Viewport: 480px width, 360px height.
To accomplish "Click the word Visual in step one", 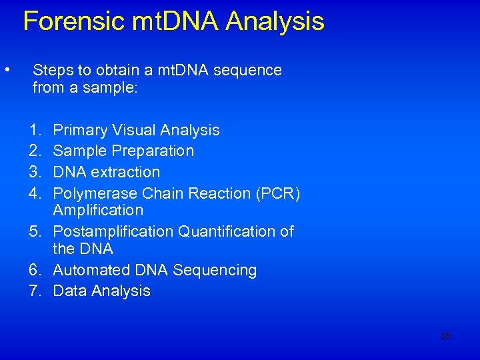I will pos(133,130).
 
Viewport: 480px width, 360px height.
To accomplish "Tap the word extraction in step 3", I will pos(126,172).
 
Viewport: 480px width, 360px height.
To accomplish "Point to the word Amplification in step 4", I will pos(98,211).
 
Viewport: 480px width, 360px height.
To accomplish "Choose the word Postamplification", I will pos(113,231).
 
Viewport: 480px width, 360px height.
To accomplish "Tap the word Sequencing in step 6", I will pos(215,270).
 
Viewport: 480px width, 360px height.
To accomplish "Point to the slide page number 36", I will pos(445,336).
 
